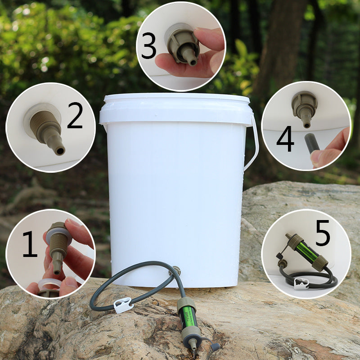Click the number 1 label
[30, 244]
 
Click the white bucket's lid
[175, 108]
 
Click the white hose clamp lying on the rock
[123, 305]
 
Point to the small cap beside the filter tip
[215, 347]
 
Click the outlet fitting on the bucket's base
[176, 271]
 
